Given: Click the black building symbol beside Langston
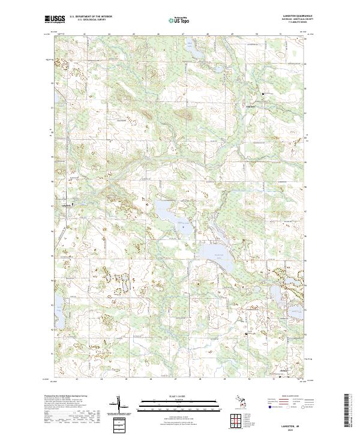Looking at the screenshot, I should [x=74, y=205].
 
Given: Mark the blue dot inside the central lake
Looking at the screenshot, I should [x=181, y=222].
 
